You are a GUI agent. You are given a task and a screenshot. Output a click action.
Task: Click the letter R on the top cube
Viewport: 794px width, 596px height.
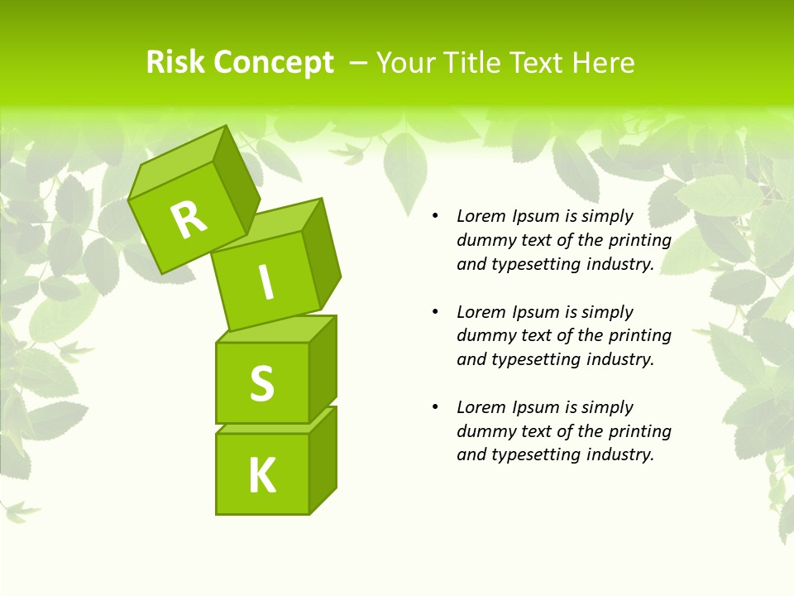pos(189,219)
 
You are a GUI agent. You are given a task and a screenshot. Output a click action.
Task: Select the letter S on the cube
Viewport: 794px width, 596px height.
pos(261,383)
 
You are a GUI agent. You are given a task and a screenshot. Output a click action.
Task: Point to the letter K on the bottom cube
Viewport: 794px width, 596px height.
pos(261,476)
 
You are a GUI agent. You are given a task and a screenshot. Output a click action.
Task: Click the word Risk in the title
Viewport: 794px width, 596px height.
pos(175,62)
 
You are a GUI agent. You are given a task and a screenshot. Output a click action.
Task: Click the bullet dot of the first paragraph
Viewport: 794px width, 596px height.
pos(436,217)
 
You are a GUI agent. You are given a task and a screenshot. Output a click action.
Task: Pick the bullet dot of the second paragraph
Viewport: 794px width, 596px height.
pos(436,313)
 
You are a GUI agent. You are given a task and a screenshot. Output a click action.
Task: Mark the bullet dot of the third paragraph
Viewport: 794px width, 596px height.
pos(436,408)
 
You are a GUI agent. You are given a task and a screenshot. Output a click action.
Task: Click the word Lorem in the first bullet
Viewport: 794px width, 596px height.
pos(481,217)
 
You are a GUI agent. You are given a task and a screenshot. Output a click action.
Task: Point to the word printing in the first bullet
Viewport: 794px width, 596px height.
pos(640,241)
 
